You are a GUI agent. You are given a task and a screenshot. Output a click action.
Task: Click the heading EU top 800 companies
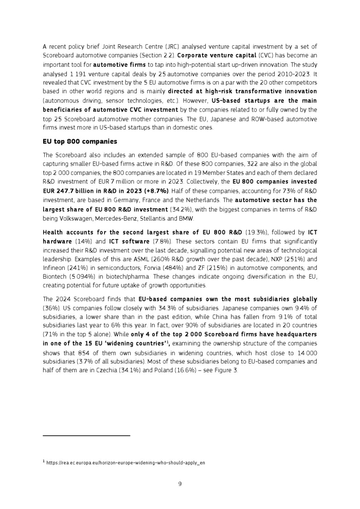click(x=80, y=141)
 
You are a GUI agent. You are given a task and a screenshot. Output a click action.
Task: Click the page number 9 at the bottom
click(x=180, y=483)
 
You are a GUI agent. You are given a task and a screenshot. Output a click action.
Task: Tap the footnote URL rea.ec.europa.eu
click(x=125, y=463)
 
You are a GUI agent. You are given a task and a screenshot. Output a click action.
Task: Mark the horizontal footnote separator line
click(x=86, y=435)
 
